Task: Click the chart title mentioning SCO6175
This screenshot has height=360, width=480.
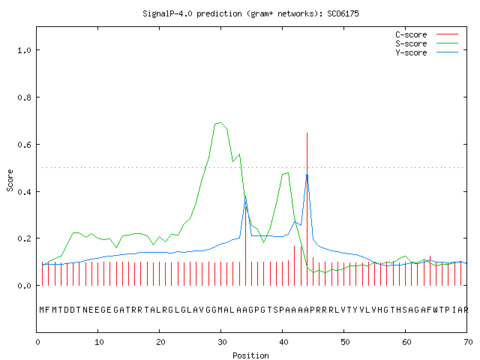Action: pyautogui.click(x=250, y=13)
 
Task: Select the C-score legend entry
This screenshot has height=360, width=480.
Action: pyautogui.click(x=427, y=34)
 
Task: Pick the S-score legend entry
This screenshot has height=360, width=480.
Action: pyautogui.click(x=427, y=43)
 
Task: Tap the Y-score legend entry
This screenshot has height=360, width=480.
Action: pyautogui.click(x=427, y=52)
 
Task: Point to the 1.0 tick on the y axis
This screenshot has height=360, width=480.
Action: pyautogui.click(x=24, y=50)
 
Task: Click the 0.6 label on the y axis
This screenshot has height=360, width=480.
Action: pyautogui.click(x=24, y=144)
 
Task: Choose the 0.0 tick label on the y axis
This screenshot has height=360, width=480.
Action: pyautogui.click(x=24, y=286)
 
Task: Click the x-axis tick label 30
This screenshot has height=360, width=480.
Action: pyautogui.click(x=222, y=342)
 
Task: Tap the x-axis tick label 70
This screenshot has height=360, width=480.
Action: pyautogui.click(x=468, y=342)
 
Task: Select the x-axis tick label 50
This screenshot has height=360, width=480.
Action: pyautogui.click(x=345, y=342)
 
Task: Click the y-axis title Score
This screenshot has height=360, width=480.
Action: pyautogui.click(x=10, y=180)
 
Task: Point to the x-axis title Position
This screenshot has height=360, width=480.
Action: pyautogui.click(x=250, y=355)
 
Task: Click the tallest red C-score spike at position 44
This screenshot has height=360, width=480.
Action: pyautogui.click(x=307, y=209)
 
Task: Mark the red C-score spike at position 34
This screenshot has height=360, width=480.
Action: pyautogui.click(x=245, y=246)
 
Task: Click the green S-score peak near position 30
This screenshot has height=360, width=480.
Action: pyautogui.click(x=220, y=123)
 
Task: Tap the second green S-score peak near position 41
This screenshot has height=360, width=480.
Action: pyautogui.click(x=287, y=173)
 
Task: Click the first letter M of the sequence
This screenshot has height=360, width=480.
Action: pyautogui.click(x=42, y=310)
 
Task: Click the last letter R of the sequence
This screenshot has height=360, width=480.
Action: pyautogui.click(x=466, y=310)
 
